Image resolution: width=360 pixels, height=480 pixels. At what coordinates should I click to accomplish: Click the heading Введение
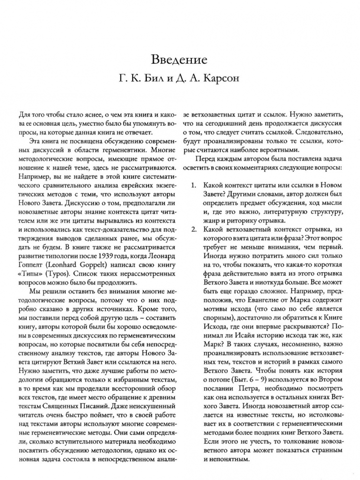pyautogui.click(x=180, y=61)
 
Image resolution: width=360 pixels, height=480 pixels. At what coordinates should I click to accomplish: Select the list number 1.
pyautogui.click(x=194, y=185)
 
